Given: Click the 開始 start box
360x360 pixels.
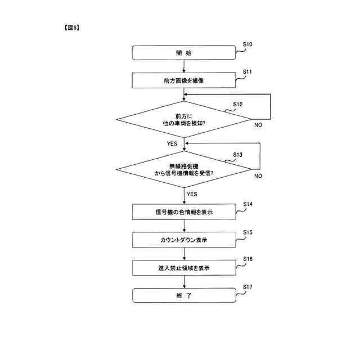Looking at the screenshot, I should pyautogui.click(x=183, y=53).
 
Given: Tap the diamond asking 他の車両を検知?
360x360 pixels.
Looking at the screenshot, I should pyautogui.click(x=183, y=119).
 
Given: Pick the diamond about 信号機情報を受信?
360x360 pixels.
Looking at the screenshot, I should pyautogui.click(x=183, y=170).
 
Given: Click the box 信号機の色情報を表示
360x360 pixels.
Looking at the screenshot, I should pyautogui.click(x=183, y=212).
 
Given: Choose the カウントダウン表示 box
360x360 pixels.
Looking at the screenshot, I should pyautogui.click(x=183, y=240).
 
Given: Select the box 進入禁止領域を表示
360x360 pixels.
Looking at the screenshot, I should pyautogui.click(x=183, y=268).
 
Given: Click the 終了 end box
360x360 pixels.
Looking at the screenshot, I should pyautogui.click(x=183, y=295).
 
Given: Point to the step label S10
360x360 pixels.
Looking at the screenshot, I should pyautogui.click(x=247, y=44).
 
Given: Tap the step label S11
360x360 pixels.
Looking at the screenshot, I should pyautogui.click(x=247, y=72).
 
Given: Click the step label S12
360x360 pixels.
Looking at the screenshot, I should pyautogui.click(x=238, y=105).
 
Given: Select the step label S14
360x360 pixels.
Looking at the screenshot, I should pyautogui.click(x=247, y=204).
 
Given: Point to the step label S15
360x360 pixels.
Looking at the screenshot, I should pyautogui.click(x=247, y=232).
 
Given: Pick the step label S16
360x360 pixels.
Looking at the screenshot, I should pyautogui.click(x=247, y=259).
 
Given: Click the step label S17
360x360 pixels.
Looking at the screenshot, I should pyautogui.click(x=247, y=287).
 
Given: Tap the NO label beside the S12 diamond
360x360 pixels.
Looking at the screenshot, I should pyautogui.click(x=258, y=125).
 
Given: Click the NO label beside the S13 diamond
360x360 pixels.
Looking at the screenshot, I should pyautogui.click(x=258, y=176).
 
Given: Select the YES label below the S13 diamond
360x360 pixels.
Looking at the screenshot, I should pyautogui.click(x=192, y=193).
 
